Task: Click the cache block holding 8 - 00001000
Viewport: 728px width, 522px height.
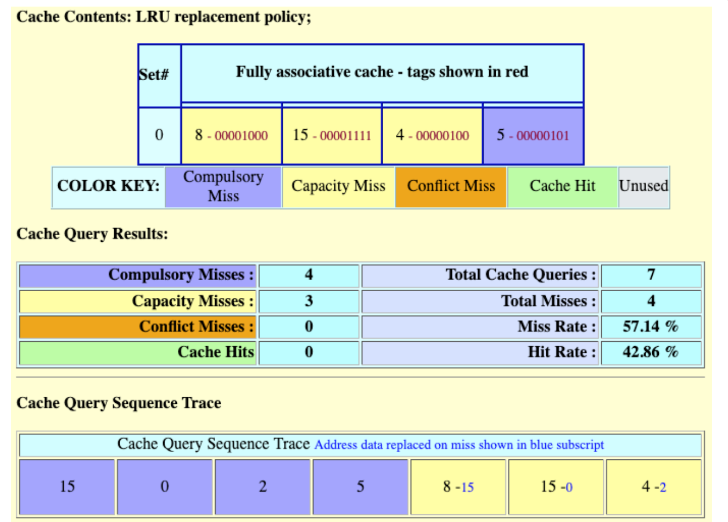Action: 231,136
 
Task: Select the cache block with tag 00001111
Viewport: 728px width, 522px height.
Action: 332,136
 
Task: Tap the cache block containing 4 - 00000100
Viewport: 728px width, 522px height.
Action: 432,136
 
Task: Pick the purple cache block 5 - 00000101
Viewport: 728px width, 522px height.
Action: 533,136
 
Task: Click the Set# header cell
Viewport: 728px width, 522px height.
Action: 159,75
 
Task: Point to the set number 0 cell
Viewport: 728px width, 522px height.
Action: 159,136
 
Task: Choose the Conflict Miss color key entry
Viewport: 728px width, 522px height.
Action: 451,187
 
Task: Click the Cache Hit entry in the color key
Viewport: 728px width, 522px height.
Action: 562,187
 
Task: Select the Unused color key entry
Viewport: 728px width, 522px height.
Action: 643,187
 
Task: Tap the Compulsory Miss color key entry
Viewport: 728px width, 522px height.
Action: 223,187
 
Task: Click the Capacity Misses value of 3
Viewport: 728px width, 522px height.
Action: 309,302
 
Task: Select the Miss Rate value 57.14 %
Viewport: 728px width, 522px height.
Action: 651,327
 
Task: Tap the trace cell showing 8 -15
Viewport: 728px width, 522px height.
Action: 458,487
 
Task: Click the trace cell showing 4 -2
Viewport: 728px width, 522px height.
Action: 653,487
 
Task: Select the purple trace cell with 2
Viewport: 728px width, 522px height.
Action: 262,487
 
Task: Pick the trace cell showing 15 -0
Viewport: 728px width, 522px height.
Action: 556,487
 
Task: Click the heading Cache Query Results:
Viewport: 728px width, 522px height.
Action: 92,234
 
